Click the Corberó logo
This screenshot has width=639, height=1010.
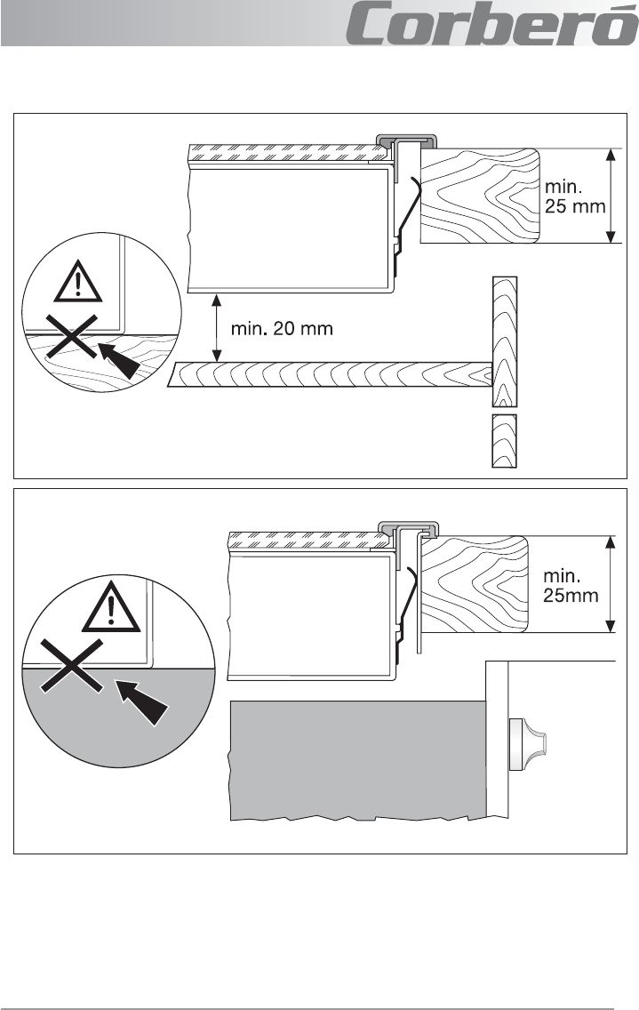[492, 23]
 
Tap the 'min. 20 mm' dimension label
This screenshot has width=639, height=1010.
[282, 328]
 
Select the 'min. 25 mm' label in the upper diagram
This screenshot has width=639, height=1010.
[575, 196]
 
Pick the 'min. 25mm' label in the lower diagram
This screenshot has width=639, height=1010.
[571, 585]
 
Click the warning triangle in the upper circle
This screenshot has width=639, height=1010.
[78, 282]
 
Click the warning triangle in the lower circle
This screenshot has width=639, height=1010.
[111, 606]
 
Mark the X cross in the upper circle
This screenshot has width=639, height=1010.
[72, 336]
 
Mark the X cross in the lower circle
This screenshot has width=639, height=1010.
[71, 665]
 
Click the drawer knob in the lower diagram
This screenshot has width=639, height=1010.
[528, 745]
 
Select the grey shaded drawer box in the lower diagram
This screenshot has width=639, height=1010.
[358, 760]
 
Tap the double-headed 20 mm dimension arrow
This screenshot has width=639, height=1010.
[217, 328]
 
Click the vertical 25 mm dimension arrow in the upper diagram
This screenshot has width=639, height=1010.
[611, 196]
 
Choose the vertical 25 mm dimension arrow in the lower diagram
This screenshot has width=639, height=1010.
[611, 584]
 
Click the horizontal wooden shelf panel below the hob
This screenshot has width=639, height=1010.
[330, 374]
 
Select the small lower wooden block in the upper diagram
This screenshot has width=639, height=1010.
[505, 441]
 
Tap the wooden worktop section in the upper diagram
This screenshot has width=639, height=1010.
[480, 196]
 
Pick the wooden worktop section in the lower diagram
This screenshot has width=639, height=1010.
[474, 584]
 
